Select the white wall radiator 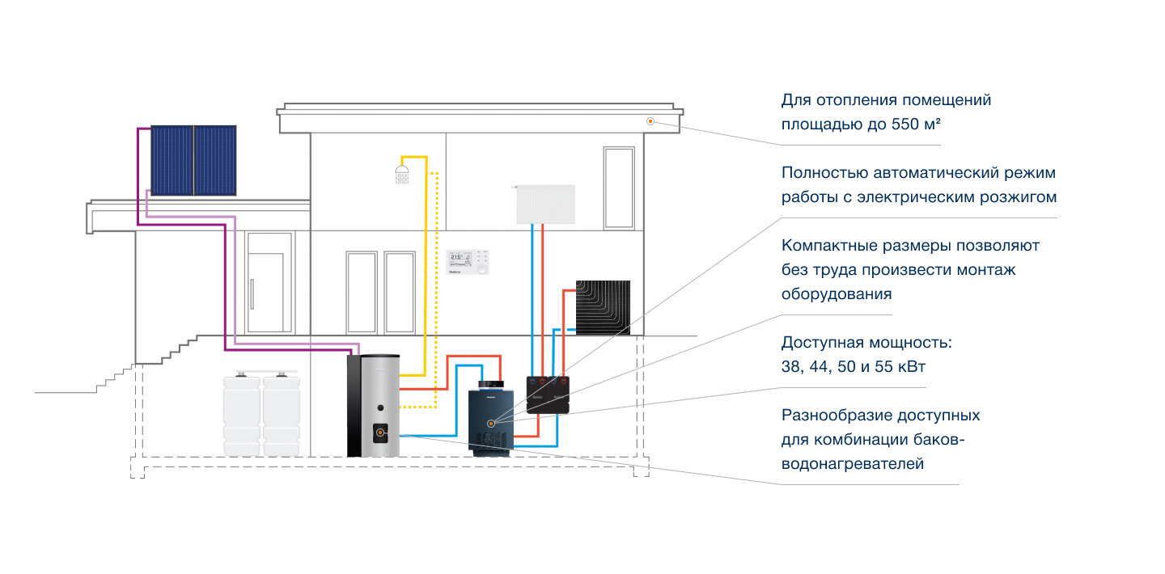coord(545,204)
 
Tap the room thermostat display coord(468,262)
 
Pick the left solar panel coord(172,160)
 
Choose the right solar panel coord(215,160)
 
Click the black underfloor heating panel coord(602,308)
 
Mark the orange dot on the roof coord(650,121)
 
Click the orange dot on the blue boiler coord(491,423)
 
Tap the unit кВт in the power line coord(909,366)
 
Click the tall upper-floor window coord(618,188)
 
